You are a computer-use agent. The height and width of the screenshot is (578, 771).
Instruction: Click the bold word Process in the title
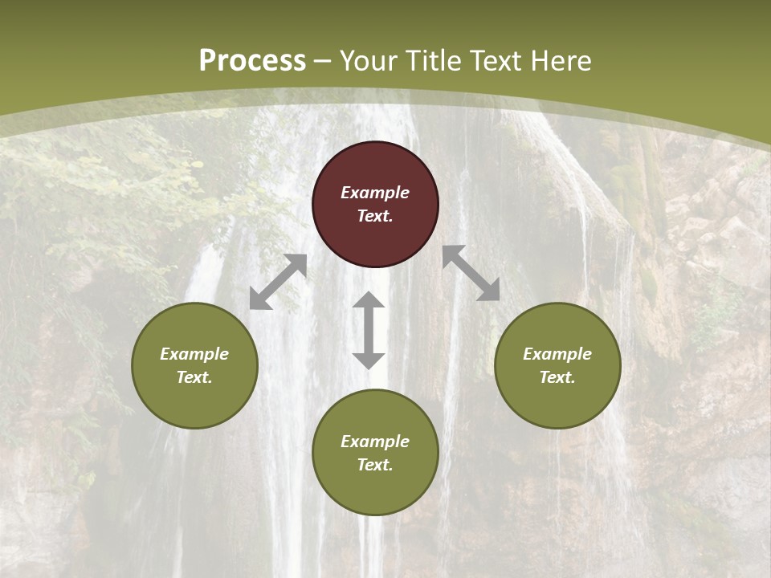(x=252, y=61)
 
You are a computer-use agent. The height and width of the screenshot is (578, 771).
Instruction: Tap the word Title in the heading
(x=434, y=61)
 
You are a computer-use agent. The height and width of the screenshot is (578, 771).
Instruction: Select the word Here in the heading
(x=560, y=61)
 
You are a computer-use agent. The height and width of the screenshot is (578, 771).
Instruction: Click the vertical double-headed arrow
(x=369, y=330)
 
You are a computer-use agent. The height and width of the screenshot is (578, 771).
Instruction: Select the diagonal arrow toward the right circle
(x=471, y=273)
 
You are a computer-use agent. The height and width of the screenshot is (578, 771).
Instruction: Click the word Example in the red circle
(x=375, y=193)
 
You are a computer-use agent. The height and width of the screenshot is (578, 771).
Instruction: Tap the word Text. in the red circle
(x=375, y=216)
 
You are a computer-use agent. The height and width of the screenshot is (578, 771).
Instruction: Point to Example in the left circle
(x=194, y=354)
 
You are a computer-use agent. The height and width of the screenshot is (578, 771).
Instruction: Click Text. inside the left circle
(x=194, y=377)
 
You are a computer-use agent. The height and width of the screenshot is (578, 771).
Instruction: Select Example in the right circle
(x=557, y=354)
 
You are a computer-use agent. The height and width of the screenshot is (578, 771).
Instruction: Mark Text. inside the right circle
(x=557, y=377)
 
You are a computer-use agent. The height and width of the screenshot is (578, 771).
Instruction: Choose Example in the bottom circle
(x=375, y=442)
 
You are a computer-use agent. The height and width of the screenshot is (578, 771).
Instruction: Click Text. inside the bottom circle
(x=375, y=465)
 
